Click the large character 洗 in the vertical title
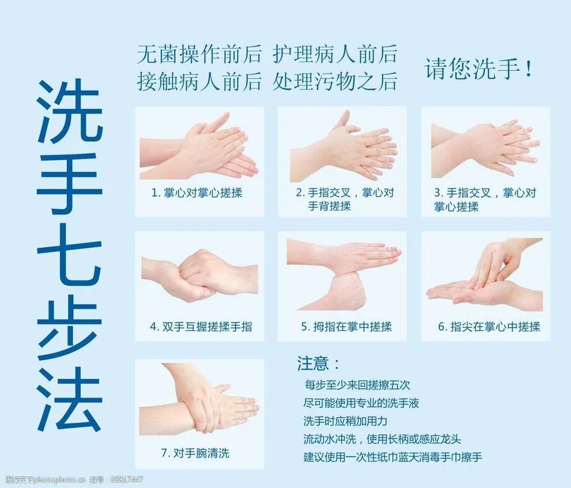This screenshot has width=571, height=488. [x=69, y=112]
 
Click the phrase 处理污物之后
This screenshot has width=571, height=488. [x=335, y=81]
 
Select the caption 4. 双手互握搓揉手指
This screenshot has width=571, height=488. [x=201, y=327]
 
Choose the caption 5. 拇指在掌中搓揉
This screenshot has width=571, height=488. [x=346, y=327]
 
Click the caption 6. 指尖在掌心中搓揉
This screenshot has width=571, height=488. [x=489, y=327]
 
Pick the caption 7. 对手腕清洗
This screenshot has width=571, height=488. [x=195, y=453]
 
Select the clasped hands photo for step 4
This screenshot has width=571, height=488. [x=199, y=275]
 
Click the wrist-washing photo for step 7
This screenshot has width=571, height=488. [x=199, y=400]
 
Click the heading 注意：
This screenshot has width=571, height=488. [x=319, y=364]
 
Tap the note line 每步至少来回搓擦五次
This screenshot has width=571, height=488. [x=357, y=385]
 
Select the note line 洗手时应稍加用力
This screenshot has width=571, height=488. [x=345, y=421]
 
